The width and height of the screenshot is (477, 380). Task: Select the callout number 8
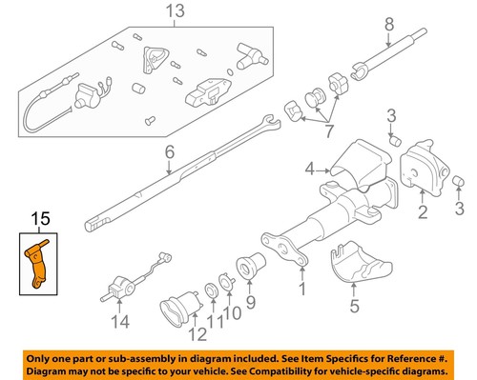click(388, 22)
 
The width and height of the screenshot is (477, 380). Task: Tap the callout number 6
click(169, 151)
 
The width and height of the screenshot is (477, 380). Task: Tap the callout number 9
click(252, 304)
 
